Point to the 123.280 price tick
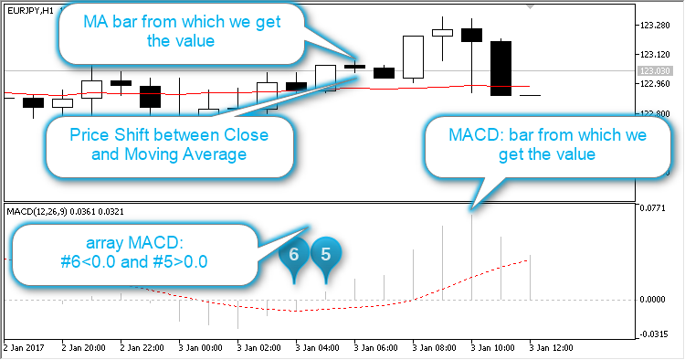pos(657,26)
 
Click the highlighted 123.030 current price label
pos(657,69)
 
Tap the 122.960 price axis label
pos(657,84)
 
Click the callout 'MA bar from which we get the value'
pos(183,33)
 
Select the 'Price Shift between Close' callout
pos(170,144)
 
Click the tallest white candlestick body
pos(413,58)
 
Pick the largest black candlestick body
pos(501,68)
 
